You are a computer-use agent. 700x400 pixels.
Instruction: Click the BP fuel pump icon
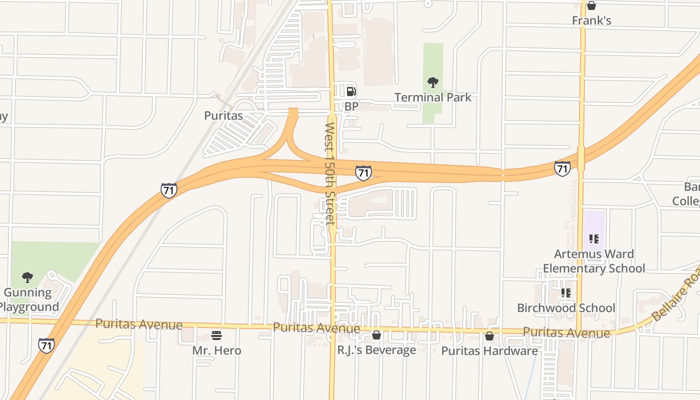pyautogui.click(x=351, y=91)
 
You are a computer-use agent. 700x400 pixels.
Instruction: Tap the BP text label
pyautogui.click(x=351, y=106)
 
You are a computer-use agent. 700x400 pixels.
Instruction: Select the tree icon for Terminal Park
pyautogui.click(x=433, y=82)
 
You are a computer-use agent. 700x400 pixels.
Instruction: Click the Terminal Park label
pyautogui.click(x=433, y=97)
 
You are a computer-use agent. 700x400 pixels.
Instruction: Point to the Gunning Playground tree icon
pyautogui.click(x=27, y=277)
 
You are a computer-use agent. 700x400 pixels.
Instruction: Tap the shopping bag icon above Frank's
pyautogui.click(x=591, y=5)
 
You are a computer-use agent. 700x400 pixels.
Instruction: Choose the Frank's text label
pyautogui.click(x=591, y=21)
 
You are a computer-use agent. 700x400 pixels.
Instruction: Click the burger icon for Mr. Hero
pyautogui.click(x=216, y=335)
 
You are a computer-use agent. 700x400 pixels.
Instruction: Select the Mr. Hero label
pyautogui.click(x=216, y=350)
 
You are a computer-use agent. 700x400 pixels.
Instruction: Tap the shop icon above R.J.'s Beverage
pyautogui.click(x=376, y=335)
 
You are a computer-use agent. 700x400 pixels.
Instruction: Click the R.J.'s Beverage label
pyautogui.click(x=376, y=350)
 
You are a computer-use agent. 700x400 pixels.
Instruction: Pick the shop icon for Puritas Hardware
pyautogui.click(x=489, y=336)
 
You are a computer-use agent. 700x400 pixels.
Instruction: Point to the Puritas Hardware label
pyautogui.click(x=489, y=351)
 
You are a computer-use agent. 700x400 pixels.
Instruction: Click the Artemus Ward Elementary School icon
pyautogui.click(x=594, y=239)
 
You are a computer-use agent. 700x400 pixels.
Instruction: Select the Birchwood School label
pyautogui.click(x=566, y=308)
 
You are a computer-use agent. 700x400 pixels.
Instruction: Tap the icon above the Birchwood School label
pyautogui.click(x=566, y=292)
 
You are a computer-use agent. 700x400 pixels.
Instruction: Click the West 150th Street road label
pyautogui.click(x=330, y=174)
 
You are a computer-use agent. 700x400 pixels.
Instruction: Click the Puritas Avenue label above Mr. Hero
pyautogui.click(x=139, y=324)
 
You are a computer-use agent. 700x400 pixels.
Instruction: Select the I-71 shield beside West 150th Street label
pyautogui.click(x=363, y=173)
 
